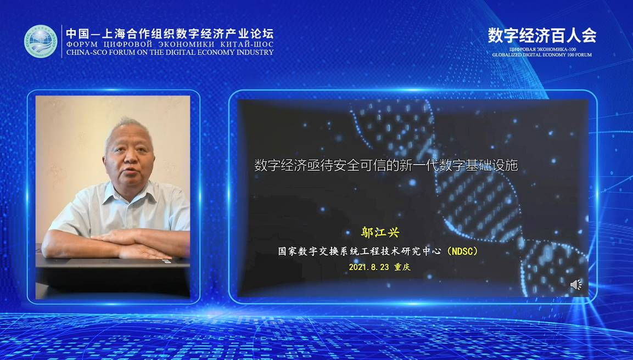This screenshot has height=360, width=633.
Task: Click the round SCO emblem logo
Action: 41,41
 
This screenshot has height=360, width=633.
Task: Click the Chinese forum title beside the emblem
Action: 170,33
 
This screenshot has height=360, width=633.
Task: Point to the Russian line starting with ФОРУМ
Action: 170,44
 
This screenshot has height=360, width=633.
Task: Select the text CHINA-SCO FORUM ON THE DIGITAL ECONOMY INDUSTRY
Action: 170,52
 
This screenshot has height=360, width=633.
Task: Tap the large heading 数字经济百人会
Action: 542,36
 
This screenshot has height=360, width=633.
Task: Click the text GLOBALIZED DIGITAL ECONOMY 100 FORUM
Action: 542,54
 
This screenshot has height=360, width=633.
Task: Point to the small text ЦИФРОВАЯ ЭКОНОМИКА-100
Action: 542,49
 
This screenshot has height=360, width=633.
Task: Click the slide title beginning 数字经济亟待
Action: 386,166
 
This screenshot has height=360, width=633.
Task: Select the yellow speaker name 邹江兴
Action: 380,233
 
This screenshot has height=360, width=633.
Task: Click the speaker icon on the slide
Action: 576,285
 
